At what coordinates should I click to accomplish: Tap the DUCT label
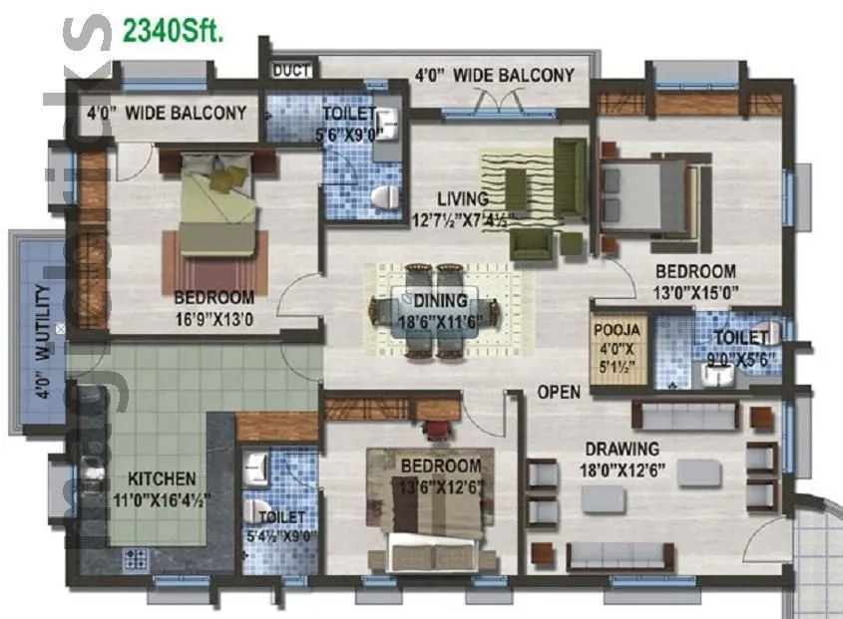tap(292, 70)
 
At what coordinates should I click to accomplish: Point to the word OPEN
tap(559, 392)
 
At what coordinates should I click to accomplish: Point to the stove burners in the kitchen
tap(137, 558)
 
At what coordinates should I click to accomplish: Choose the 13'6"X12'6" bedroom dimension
tap(440, 486)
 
